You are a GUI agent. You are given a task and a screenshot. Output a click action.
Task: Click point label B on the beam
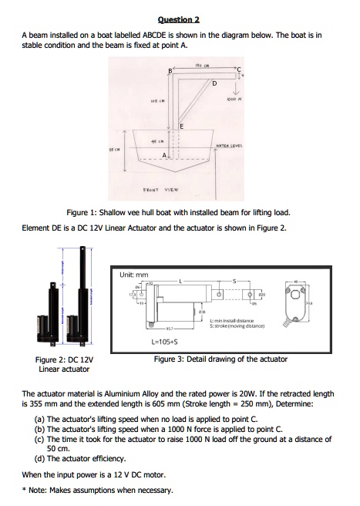[170, 72]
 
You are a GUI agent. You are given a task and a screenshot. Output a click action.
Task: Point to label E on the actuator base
[182, 126]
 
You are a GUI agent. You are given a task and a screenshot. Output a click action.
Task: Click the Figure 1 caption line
[177, 211]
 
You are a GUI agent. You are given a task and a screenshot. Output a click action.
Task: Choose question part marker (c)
[39, 438]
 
